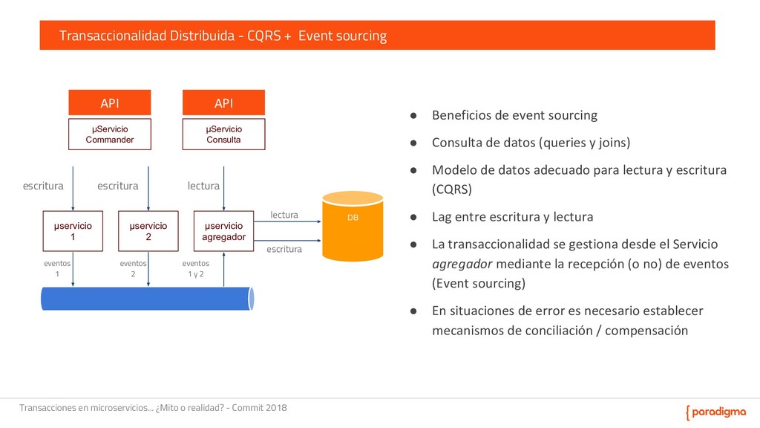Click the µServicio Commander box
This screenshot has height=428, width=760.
tap(110, 134)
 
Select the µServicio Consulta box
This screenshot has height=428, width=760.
tap(223, 134)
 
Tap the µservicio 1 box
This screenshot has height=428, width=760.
tap(73, 231)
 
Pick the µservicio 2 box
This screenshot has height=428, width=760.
tap(148, 231)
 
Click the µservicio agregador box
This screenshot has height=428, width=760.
tap(223, 231)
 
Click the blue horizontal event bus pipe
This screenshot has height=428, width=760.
tap(147, 298)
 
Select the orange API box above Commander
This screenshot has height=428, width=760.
tap(110, 103)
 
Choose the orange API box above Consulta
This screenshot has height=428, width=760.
tap(223, 103)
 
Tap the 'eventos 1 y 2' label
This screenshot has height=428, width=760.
tap(196, 268)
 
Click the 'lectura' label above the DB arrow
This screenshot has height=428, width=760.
tap(284, 215)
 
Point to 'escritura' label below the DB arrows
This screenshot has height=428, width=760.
tap(284, 250)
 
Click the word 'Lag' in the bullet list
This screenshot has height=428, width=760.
tap(442, 217)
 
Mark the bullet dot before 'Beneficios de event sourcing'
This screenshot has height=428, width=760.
tap(416, 115)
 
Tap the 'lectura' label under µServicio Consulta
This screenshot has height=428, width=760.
tap(203, 186)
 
